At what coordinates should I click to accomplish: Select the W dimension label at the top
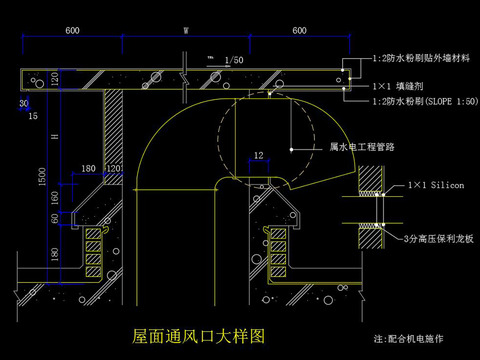pos(185,31)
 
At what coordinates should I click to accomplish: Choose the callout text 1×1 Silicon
pos(436,186)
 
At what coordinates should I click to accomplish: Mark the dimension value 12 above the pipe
pos(258,155)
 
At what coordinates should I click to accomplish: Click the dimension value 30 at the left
pos(22,103)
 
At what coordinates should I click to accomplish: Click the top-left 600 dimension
pos(73,31)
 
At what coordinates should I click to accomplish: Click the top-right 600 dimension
pos(299,31)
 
